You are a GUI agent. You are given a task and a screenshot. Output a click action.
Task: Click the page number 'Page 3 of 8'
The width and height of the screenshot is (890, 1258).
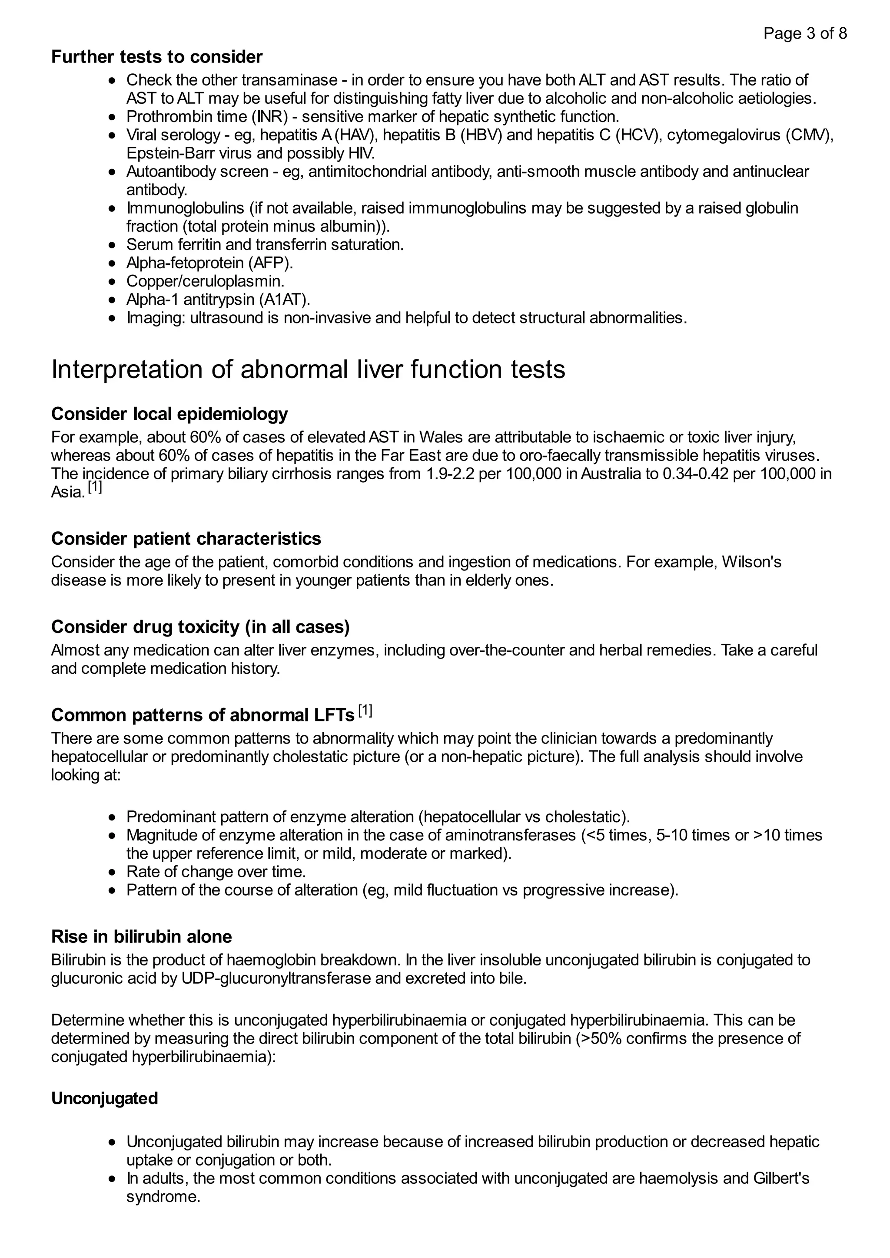pyautogui.click(x=804, y=33)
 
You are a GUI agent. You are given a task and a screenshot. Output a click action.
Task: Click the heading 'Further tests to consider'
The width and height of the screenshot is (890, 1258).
pyautogui.click(x=157, y=57)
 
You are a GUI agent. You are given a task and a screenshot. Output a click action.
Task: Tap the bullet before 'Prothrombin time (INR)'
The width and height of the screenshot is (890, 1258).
pyautogui.click(x=113, y=117)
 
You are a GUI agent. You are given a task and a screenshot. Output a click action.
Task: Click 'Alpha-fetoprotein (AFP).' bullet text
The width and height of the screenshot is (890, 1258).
pyautogui.click(x=209, y=263)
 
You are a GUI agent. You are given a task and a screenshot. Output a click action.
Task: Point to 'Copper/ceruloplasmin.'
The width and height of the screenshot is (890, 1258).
pyautogui.click(x=205, y=281)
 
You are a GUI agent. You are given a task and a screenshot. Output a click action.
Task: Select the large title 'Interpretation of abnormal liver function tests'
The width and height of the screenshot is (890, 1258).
pyautogui.click(x=308, y=369)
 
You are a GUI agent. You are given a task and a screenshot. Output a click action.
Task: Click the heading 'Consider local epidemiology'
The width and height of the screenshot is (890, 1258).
pyautogui.click(x=169, y=414)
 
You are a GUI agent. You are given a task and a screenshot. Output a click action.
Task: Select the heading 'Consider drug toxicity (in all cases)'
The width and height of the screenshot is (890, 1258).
pyautogui.click(x=200, y=627)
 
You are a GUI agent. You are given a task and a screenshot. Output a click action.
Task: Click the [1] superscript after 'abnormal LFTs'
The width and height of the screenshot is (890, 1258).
pyautogui.click(x=365, y=711)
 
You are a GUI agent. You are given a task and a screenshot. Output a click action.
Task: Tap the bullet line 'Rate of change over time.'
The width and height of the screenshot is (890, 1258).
pyautogui.click(x=216, y=872)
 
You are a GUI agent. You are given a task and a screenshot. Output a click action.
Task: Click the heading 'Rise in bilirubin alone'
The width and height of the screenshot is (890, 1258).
pyautogui.click(x=142, y=936)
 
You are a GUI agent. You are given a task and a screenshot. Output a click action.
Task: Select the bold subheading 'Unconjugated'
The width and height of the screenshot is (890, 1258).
pyautogui.click(x=104, y=1099)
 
